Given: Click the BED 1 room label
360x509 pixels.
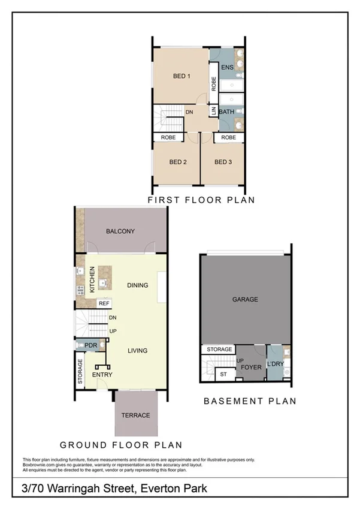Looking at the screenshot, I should [181, 76].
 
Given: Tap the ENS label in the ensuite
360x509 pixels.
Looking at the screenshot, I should [227, 68].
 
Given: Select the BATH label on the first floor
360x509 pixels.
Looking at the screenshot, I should [226, 112].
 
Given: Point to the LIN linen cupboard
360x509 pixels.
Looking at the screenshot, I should [213, 111].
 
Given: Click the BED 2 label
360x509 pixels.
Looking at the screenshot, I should [178, 162].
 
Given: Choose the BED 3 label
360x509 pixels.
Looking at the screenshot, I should [223, 162].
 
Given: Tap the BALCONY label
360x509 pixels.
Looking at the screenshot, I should [120, 231].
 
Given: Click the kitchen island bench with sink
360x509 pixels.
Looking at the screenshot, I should [106, 280].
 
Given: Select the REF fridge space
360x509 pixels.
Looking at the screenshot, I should [104, 303].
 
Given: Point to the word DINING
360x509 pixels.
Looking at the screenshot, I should [137, 285].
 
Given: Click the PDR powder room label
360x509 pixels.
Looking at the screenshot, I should [91, 345].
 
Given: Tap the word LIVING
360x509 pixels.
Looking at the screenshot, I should [137, 351].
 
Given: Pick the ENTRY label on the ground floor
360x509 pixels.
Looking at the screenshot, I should [102, 375].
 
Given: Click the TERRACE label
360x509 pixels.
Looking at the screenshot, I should [135, 415].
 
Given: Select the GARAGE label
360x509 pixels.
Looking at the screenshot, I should [246, 299].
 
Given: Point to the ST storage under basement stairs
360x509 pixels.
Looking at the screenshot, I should [224, 375].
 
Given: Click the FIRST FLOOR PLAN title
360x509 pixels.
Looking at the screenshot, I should [201, 200].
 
